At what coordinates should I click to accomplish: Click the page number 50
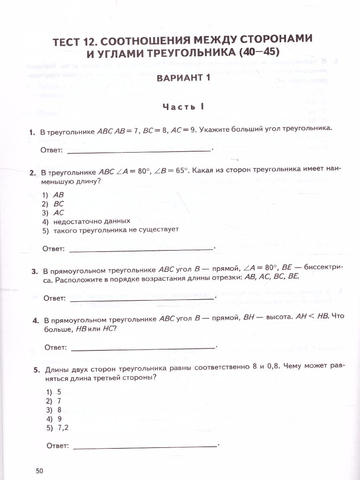39,470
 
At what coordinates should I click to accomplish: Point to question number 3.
34,272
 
